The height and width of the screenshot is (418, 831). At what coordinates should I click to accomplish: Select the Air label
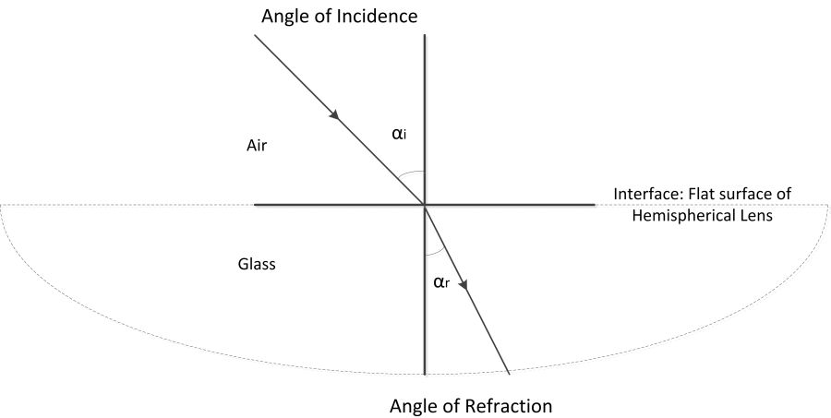point(258,146)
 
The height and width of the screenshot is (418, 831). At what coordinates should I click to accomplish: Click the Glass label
point(257,263)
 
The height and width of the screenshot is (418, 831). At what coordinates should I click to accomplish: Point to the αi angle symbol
point(399,134)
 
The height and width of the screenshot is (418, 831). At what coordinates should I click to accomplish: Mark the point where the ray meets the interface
point(424,204)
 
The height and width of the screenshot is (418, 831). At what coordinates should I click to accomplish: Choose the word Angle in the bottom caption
point(413,405)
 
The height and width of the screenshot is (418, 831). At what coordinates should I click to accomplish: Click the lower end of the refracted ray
point(509,374)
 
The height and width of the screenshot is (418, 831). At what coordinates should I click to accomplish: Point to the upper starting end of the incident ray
point(254,37)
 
